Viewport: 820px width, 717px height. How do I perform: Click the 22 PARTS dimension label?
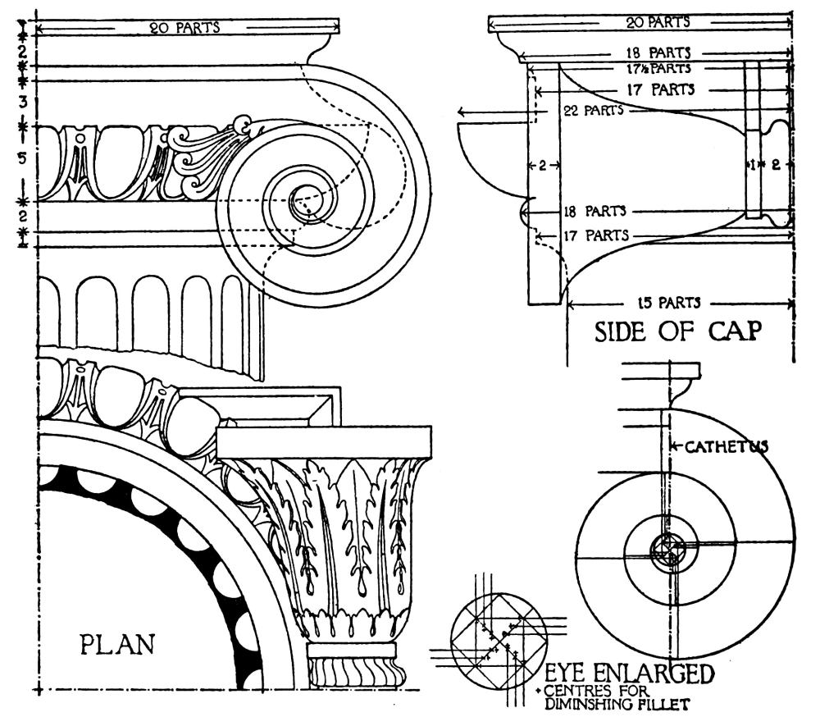point(593,110)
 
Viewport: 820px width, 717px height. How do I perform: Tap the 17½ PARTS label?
point(660,69)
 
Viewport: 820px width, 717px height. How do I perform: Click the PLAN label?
point(116,642)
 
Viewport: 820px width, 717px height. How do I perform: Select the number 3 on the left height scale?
point(25,102)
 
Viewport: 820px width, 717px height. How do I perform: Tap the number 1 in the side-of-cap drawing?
point(753,164)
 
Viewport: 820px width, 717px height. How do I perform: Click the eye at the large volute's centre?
point(307,199)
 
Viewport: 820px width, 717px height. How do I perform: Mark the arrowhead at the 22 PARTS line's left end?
point(462,111)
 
